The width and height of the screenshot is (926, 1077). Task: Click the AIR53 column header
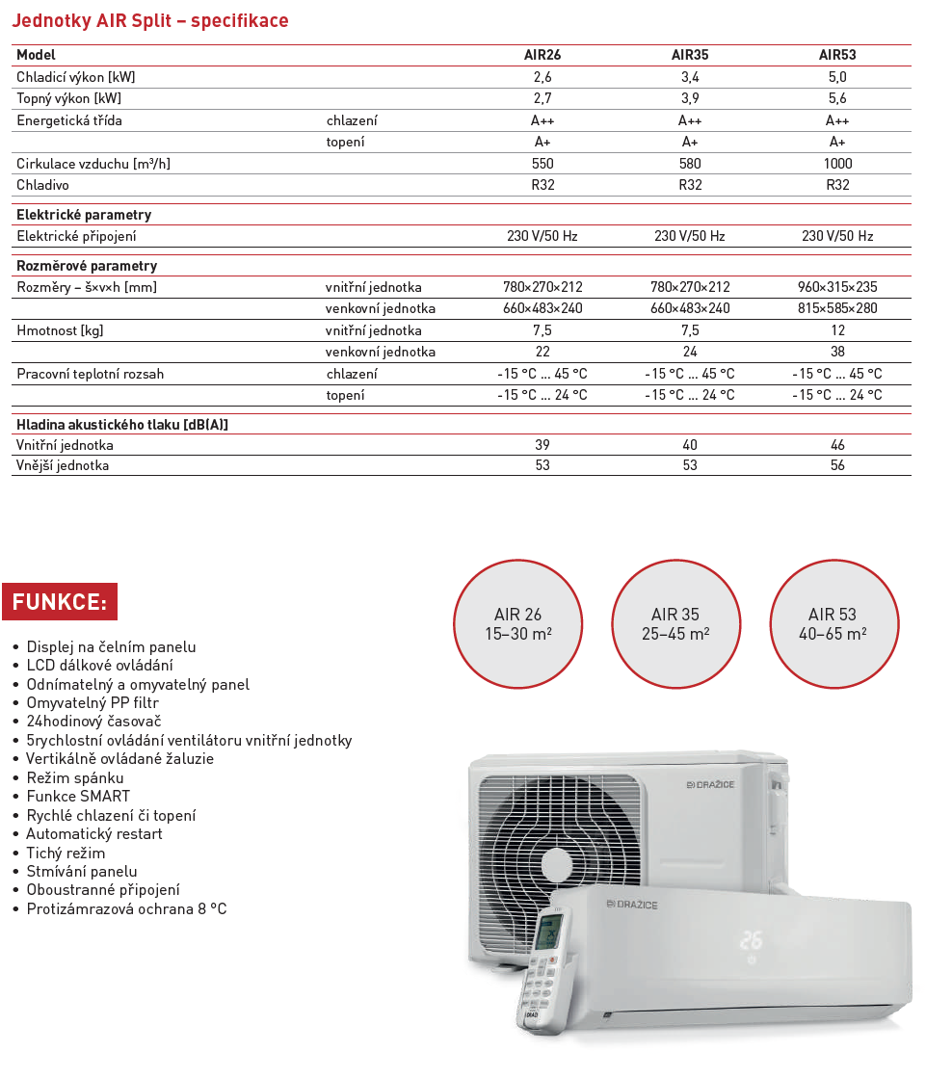tap(837, 55)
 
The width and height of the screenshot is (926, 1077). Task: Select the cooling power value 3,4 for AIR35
tap(690, 77)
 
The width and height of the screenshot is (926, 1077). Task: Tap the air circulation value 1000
tap(837, 164)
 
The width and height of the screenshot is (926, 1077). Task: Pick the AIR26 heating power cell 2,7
tap(542, 98)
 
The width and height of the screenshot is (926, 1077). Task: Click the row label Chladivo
tap(42, 185)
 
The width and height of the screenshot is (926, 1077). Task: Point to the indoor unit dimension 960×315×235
tap(837, 287)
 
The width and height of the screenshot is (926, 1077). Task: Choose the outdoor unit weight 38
tap(837, 352)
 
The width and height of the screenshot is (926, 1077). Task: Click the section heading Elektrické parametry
tap(84, 215)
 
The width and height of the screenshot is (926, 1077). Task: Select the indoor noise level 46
tap(837, 445)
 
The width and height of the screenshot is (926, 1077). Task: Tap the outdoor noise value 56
tap(837, 465)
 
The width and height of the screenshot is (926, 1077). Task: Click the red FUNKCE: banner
tap(60, 602)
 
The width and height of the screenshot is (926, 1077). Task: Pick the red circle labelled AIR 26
tap(518, 623)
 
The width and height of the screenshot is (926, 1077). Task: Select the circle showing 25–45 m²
tap(675, 623)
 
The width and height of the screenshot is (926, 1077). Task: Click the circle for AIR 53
tap(833, 623)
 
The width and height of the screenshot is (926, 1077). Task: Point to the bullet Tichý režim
tap(66, 853)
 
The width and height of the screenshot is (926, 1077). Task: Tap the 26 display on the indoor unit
tap(752, 939)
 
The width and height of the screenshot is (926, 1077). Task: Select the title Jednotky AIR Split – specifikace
tap(150, 21)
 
